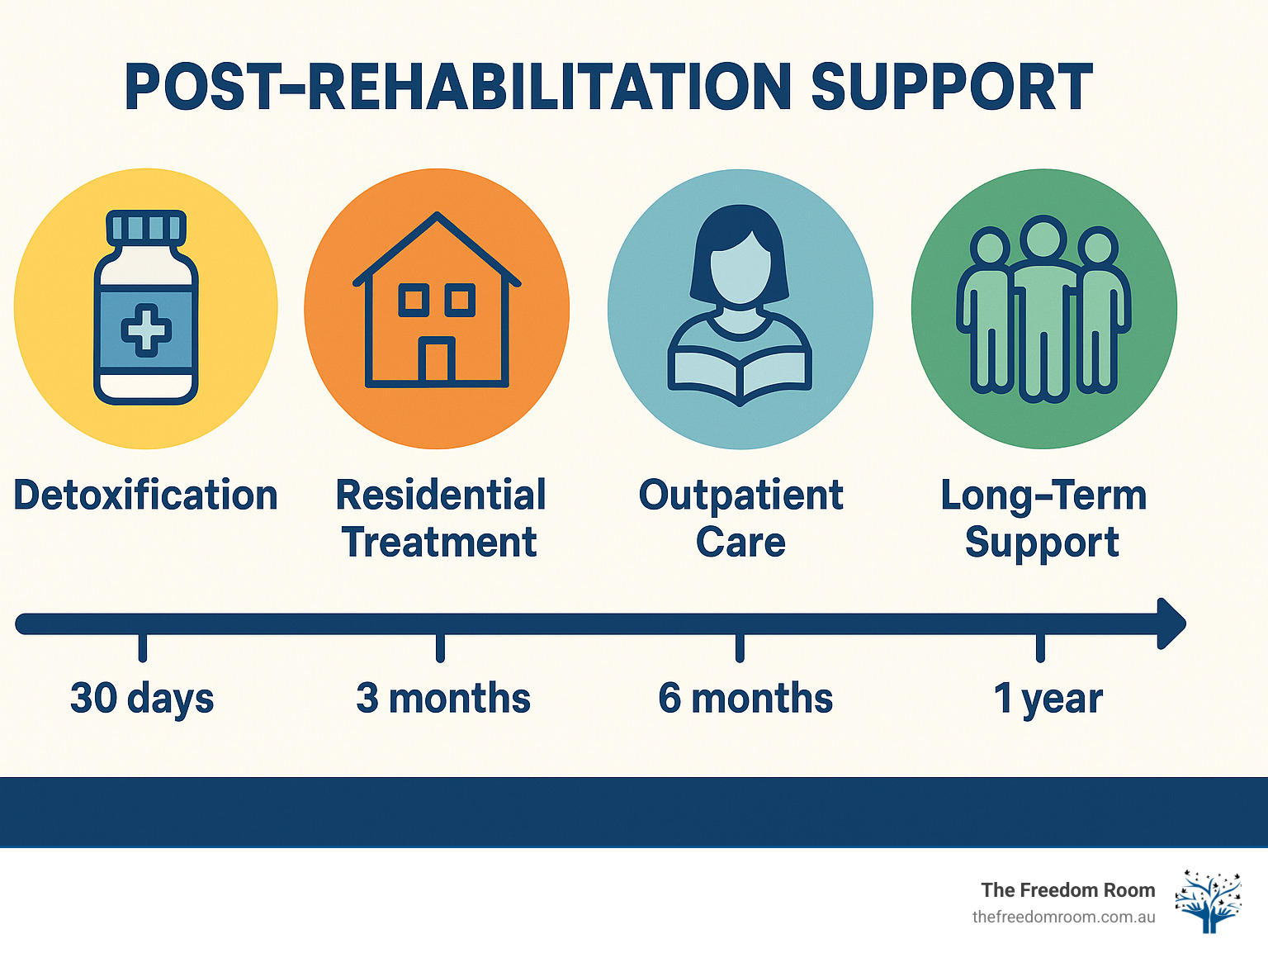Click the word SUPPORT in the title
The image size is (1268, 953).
click(951, 88)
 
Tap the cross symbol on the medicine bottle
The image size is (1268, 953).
click(146, 330)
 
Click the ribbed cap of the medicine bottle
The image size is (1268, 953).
click(146, 226)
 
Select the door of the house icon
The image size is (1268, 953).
click(436, 361)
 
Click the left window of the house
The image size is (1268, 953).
click(414, 300)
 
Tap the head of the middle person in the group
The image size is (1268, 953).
click(1043, 238)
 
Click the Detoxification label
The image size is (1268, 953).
click(145, 495)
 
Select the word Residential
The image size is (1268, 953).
click(441, 495)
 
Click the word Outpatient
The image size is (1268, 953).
click(740, 495)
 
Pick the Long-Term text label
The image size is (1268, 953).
click(1043, 495)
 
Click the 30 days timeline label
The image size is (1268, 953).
click(142, 699)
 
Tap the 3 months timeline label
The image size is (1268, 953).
click(442, 699)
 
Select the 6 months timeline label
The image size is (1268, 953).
click(745, 699)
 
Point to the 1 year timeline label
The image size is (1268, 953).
click(1048, 699)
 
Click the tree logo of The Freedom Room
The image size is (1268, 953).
click(1209, 900)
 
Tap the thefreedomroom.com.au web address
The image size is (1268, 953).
click(1063, 917)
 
